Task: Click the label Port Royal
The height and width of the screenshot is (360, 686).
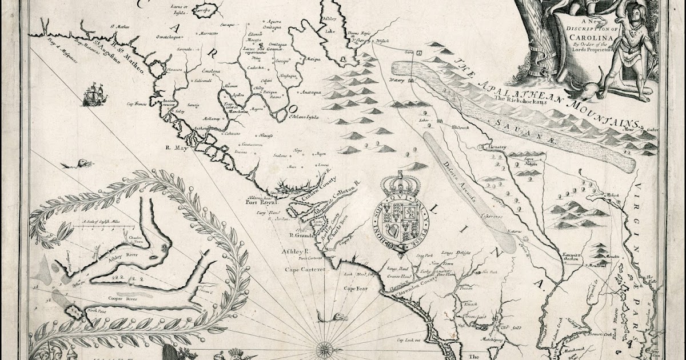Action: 261,202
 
